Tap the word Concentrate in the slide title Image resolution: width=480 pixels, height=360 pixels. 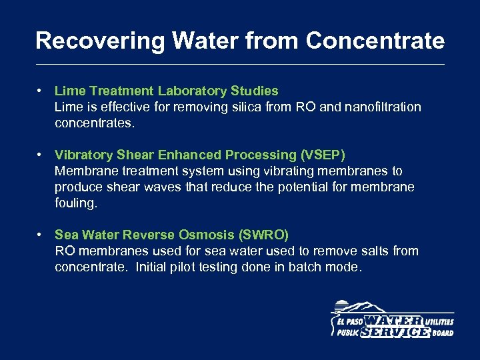(x=375, y=41)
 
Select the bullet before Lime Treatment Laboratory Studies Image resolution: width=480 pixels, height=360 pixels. (x=41, y=90)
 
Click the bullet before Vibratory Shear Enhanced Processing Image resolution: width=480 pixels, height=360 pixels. (x=41, y=155)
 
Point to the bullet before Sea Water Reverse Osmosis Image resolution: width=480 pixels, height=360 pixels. (x=41, y=235)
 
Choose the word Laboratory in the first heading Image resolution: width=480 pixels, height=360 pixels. (x=193, y=91)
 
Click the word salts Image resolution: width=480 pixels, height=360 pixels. (x=375, y=251)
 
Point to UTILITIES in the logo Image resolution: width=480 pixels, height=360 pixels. (x=439, y=321)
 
